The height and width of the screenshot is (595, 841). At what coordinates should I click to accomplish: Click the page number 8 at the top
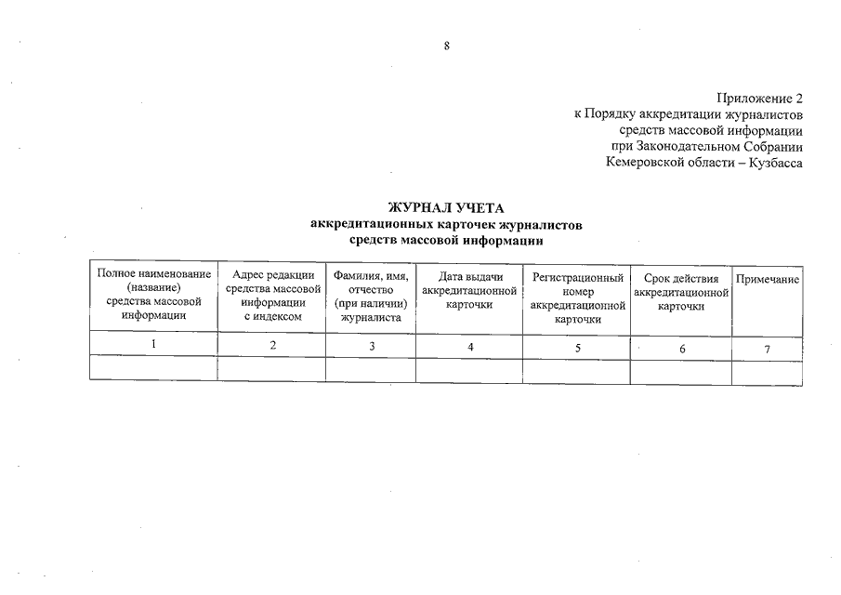pos(447,46)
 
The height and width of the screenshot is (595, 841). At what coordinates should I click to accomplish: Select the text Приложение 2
pos(759,99)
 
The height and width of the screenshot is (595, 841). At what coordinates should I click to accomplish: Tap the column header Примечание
pos(768,280)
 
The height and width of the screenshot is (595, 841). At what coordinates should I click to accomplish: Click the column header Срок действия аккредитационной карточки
pos(681,293)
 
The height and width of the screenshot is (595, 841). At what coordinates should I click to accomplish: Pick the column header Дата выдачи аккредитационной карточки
pos(468,293)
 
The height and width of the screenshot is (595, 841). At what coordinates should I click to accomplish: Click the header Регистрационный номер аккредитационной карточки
pos(577,297)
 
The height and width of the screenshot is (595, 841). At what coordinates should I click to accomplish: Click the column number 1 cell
pos(153,346)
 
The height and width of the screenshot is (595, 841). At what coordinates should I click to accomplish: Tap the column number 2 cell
pos(272,347)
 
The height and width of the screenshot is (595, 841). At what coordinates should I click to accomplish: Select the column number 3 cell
pos(372,347)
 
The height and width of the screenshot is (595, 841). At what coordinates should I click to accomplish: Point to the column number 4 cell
pos(470,347)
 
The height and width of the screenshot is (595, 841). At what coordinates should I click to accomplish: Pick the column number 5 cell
pos(578,348)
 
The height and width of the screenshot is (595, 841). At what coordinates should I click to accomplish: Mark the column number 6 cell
pos(682,349)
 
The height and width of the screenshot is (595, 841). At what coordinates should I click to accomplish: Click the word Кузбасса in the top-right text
pos(775,163)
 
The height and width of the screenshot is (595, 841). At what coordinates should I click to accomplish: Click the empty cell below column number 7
pos(768,372)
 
